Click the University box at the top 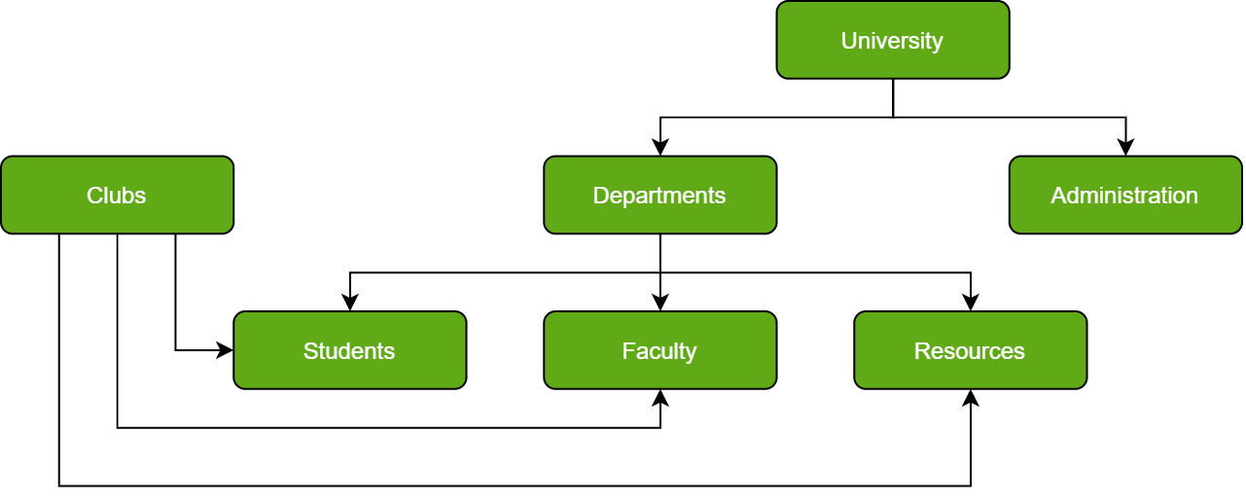(x=892, y=40)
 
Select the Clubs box (x=117, y=195)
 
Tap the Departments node (x=659, y=195)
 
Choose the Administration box (x=1125, y=195)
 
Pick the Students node (x=349, y=350)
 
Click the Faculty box (x=659, y=350)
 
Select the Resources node (x=970, y=350)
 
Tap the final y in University (x=938, y=44)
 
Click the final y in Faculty (x=692, y=354)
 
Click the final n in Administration (x=1192, y=197)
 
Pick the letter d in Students (x=347, y=351)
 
